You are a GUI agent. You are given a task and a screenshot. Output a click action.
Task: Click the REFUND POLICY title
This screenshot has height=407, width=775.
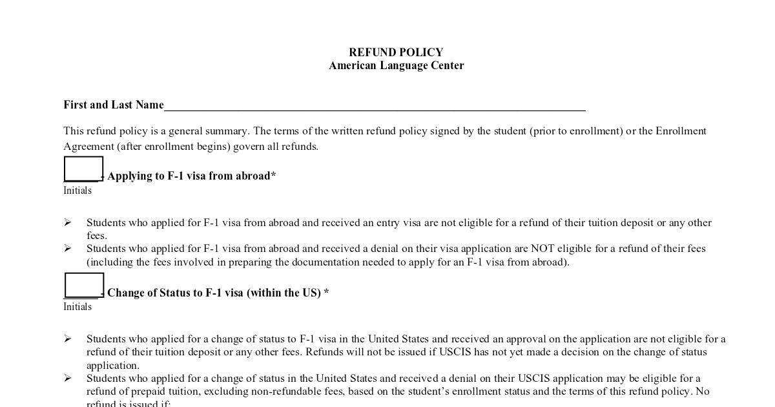(x=396, y=52)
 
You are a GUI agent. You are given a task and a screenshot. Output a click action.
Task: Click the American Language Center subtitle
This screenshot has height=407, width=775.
(x=396, y=65)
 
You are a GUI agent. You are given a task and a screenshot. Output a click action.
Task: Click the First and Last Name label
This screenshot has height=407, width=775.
(x=114, y=105)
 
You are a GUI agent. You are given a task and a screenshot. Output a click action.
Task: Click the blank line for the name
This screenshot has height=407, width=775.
(x=375, y=106)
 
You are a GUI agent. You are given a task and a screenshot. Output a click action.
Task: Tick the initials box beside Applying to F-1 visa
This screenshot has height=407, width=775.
(x=84, y=169)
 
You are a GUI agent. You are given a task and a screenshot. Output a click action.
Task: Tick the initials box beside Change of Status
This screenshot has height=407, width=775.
(x=84, y=285)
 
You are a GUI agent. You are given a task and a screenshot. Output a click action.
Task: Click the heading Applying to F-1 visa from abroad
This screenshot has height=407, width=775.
(x=191, y=176)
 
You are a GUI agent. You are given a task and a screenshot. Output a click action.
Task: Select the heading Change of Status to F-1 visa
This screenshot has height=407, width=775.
(x=218, y=293)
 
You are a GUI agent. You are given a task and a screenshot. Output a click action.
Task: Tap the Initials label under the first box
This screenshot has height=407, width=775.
(x=77, y=191)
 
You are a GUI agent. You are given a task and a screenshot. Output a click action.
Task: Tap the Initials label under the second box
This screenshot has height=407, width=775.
(x=77, y=307)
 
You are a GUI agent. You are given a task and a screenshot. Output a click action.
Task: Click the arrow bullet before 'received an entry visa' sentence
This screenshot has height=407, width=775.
(x=68, y=222)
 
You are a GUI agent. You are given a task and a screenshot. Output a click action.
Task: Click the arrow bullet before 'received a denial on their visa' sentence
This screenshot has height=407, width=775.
(x=68, y=249)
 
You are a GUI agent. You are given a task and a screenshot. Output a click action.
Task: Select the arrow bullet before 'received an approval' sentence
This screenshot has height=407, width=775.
(x=68, y=339)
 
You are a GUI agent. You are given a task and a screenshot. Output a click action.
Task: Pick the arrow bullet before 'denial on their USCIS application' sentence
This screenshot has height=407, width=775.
(x=68, y=378)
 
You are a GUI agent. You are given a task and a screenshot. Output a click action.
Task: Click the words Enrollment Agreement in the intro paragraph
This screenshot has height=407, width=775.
(x=681, y=131)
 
